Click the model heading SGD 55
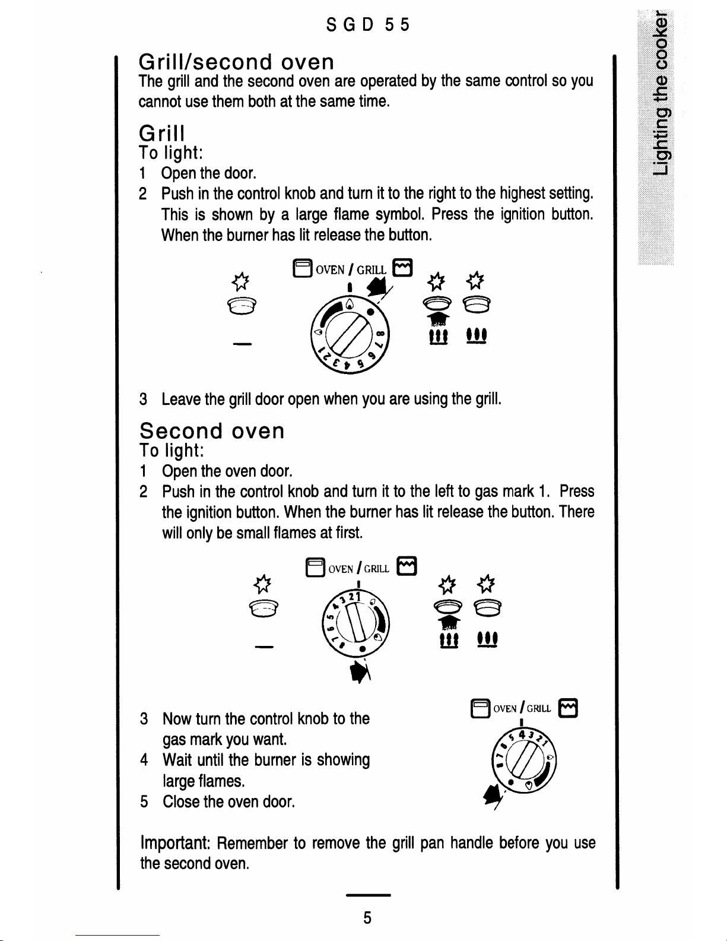pyautogui.click(x=368, y=25)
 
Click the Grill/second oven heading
pyautogui.click(x=236, y=62)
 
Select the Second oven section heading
pyautogui.click(x=212, y=430)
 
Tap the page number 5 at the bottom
pyautogui.click(x=367, y=918)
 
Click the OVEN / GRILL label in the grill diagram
pyautogui.click(x=350, y=270)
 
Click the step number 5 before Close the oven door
pyautogui.click(x=144, y=802)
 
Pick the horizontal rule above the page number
pyautogui.click(x=368, y=895)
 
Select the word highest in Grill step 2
pyautogui.click(x=522, y=194)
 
